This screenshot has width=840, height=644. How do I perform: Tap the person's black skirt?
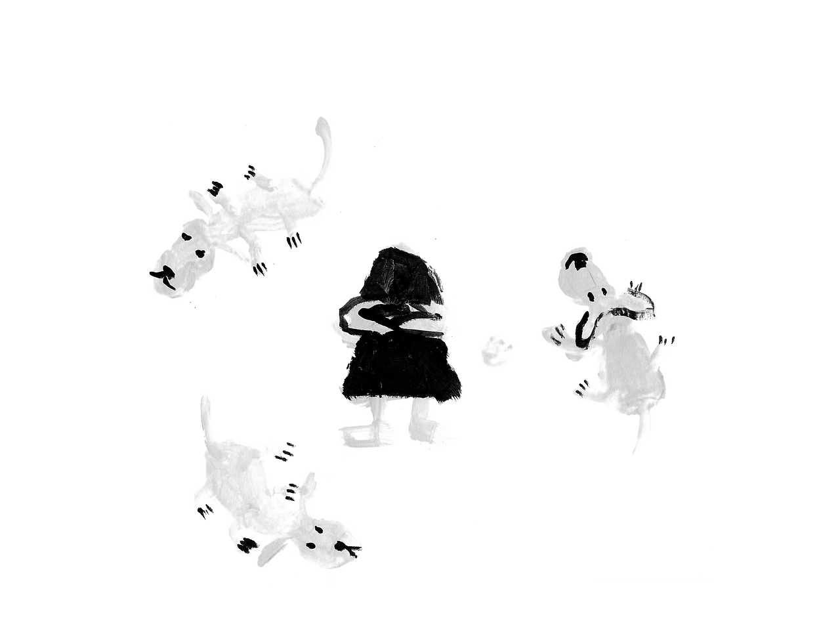tap(400, 368)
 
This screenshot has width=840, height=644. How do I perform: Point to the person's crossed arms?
tap(394, 320)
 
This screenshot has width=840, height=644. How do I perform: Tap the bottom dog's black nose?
tap(351, 546)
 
